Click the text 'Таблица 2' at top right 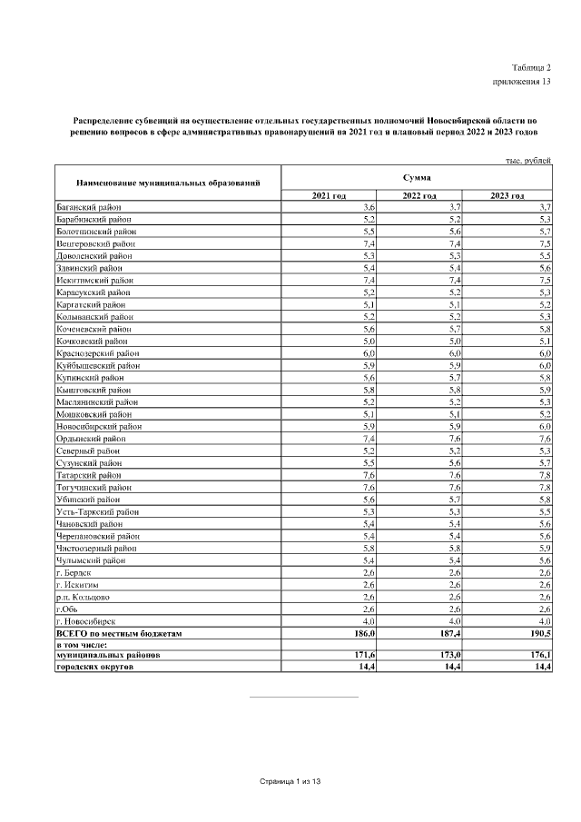click(531, 68)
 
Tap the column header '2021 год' click(329, 196)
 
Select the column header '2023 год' click(507, 196)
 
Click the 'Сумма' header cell click(417, 176)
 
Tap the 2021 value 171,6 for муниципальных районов click(365, 655)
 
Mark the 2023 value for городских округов click(542, 667)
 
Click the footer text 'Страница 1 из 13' click(290, 781)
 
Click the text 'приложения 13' click(521, 82)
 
